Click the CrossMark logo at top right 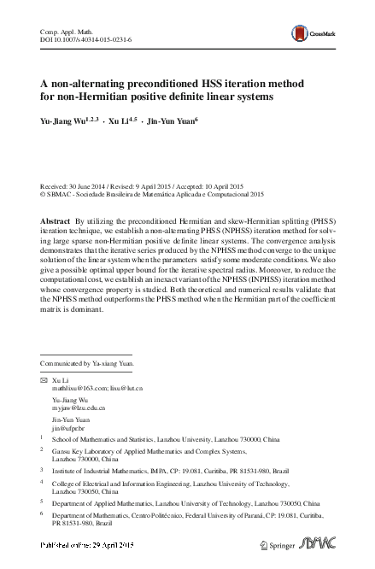click(308, 32)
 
